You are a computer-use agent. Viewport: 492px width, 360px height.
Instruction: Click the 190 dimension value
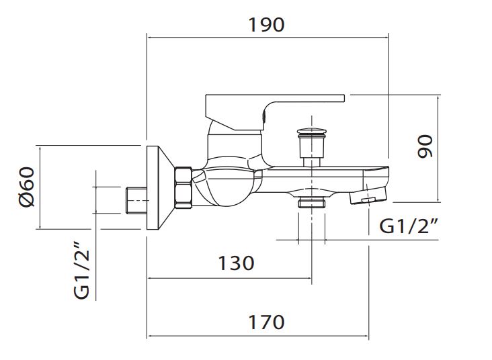click(266, 25)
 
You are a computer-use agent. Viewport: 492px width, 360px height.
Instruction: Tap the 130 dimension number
click(236, 263)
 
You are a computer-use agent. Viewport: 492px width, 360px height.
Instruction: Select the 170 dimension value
click(266, 322)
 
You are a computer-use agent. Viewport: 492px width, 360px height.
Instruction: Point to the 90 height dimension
click(425, 146)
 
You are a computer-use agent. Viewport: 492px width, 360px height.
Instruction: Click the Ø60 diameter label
click(26, 187)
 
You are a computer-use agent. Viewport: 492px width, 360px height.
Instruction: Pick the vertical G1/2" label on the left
click(81, 270)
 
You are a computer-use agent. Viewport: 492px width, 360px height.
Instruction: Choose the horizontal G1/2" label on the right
click(409, 226)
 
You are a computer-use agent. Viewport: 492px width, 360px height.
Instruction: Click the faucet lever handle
click(274, 112)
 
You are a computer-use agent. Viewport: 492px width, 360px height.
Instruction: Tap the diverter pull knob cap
click(311, 132)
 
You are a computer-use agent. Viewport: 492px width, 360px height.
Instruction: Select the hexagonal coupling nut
click(183, 187)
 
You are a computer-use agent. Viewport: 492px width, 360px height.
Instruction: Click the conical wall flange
click(160, 187)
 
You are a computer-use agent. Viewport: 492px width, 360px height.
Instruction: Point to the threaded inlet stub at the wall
click(136, 200)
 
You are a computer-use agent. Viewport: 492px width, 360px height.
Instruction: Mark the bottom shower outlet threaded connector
click(312, 204)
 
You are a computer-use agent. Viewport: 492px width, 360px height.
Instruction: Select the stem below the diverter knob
click(311, 162)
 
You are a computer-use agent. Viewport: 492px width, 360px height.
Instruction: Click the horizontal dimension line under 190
click(268, 38)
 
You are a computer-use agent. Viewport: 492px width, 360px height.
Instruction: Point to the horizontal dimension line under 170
click(257, 336)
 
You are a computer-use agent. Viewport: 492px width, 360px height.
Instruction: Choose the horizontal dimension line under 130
click(229, 278)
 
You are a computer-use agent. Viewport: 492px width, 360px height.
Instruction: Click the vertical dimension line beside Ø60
click(40, 187)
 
